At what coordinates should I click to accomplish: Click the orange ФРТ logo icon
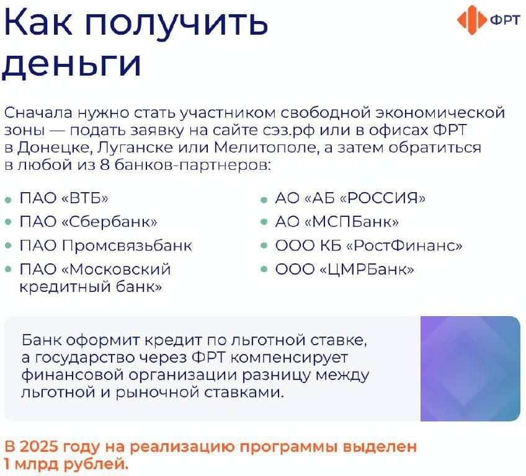tap(471, 20)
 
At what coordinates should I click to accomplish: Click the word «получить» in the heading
tap(176, 23)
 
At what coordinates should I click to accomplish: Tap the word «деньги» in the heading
tap(71, 64)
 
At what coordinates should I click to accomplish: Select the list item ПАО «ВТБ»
tap(64, 198)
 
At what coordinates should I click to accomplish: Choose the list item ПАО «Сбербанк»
tap(88, 221)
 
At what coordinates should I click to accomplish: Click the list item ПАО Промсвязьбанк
tap(105, 245)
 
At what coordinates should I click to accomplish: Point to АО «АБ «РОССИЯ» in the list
tap(350, 198)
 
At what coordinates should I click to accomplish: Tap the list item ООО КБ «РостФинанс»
tap(368, 245)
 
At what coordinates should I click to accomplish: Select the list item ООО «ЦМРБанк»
tap(344, 269)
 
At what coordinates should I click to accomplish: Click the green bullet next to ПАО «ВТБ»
tap(9, 200)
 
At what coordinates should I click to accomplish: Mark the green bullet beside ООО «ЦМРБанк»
tap(264, 269)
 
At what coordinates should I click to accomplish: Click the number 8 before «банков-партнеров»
tap(105, 165)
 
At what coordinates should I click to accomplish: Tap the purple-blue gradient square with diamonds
tap(470, 369)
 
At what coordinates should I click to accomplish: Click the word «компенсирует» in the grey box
tap(289, 358)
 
